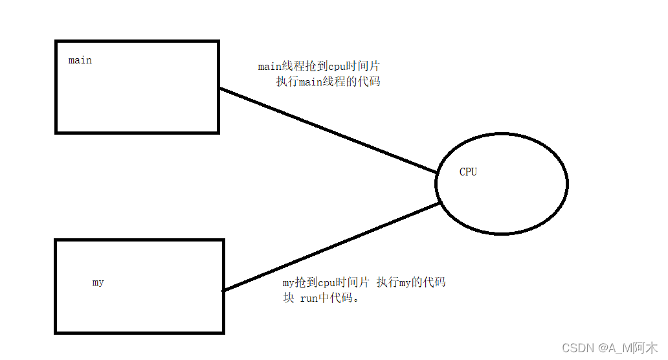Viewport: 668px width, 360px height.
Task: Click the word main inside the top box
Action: point(80,60)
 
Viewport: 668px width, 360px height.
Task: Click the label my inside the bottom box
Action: point(98,282)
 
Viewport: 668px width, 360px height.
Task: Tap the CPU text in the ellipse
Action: point(468,172)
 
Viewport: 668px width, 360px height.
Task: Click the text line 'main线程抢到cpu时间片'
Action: point(323,66)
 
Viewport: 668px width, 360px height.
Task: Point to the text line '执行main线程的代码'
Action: point(328,82)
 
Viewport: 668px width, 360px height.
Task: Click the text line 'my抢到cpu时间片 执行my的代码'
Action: point(364,282)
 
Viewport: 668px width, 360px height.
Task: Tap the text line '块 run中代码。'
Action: point(320,298)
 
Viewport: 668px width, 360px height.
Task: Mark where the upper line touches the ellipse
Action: point(437,173)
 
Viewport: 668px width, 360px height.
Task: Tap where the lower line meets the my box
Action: point(224,291)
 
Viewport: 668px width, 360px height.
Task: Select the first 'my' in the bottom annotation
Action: point(288,283)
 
